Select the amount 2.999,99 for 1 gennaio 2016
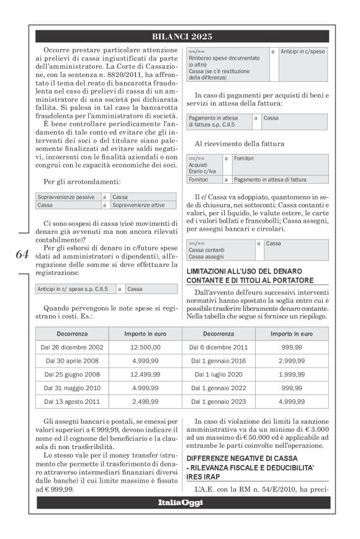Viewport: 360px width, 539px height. [x=291, y=361]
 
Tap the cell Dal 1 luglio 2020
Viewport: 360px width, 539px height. [x=221, y=375]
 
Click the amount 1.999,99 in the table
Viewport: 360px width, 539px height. [x=291, y=375]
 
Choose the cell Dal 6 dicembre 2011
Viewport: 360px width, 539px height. [x=221, y=347]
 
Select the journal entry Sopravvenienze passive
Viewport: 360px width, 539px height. [x=66, y=197]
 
